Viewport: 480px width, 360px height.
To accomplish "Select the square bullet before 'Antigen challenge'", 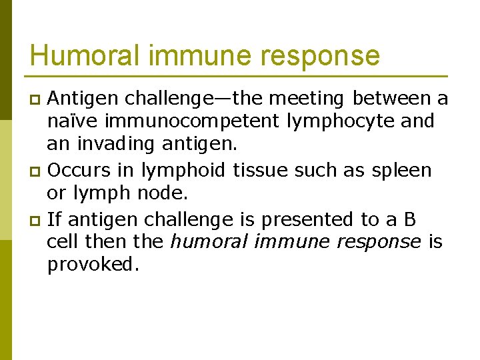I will coord(37,100).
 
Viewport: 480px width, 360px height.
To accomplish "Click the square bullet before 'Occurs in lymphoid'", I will coord(37,171).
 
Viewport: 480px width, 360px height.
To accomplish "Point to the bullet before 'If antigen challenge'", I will coord(37,219).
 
